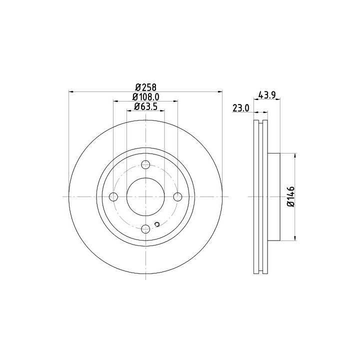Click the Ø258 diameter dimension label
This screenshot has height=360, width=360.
(146, 87)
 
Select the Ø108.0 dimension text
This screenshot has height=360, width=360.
(146, 97)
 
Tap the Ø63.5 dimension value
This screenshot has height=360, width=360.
(146, 106)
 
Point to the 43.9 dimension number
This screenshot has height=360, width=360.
(267, 95)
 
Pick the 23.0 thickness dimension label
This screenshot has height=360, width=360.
(240, 108)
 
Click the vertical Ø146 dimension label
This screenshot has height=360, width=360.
(291, 196)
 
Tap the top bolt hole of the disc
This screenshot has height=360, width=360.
(145, 164)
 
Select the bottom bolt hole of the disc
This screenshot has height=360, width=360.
(145, 228)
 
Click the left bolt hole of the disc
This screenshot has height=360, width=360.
(113, 197)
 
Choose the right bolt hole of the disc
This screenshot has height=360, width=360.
(177, 197)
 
